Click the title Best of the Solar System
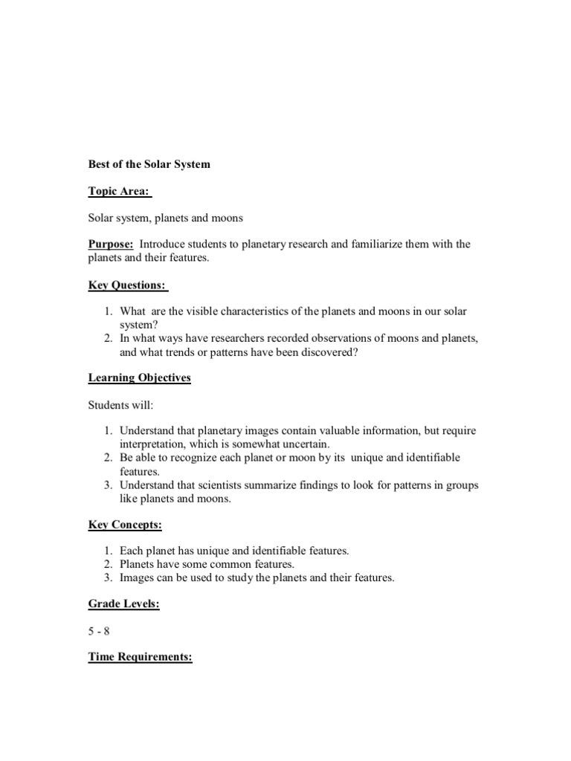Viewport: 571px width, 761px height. coord(149,164)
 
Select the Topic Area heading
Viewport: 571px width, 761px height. coord(119,191)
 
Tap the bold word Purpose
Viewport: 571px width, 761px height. coord(111,245)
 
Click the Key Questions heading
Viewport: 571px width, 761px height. coord(128,285)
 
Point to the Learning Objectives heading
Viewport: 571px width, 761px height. coord(139,378)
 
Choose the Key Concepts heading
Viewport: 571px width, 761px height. coord(125,525)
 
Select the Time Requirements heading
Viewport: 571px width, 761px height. coord(140,658)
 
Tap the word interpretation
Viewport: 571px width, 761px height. coord(152,444)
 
